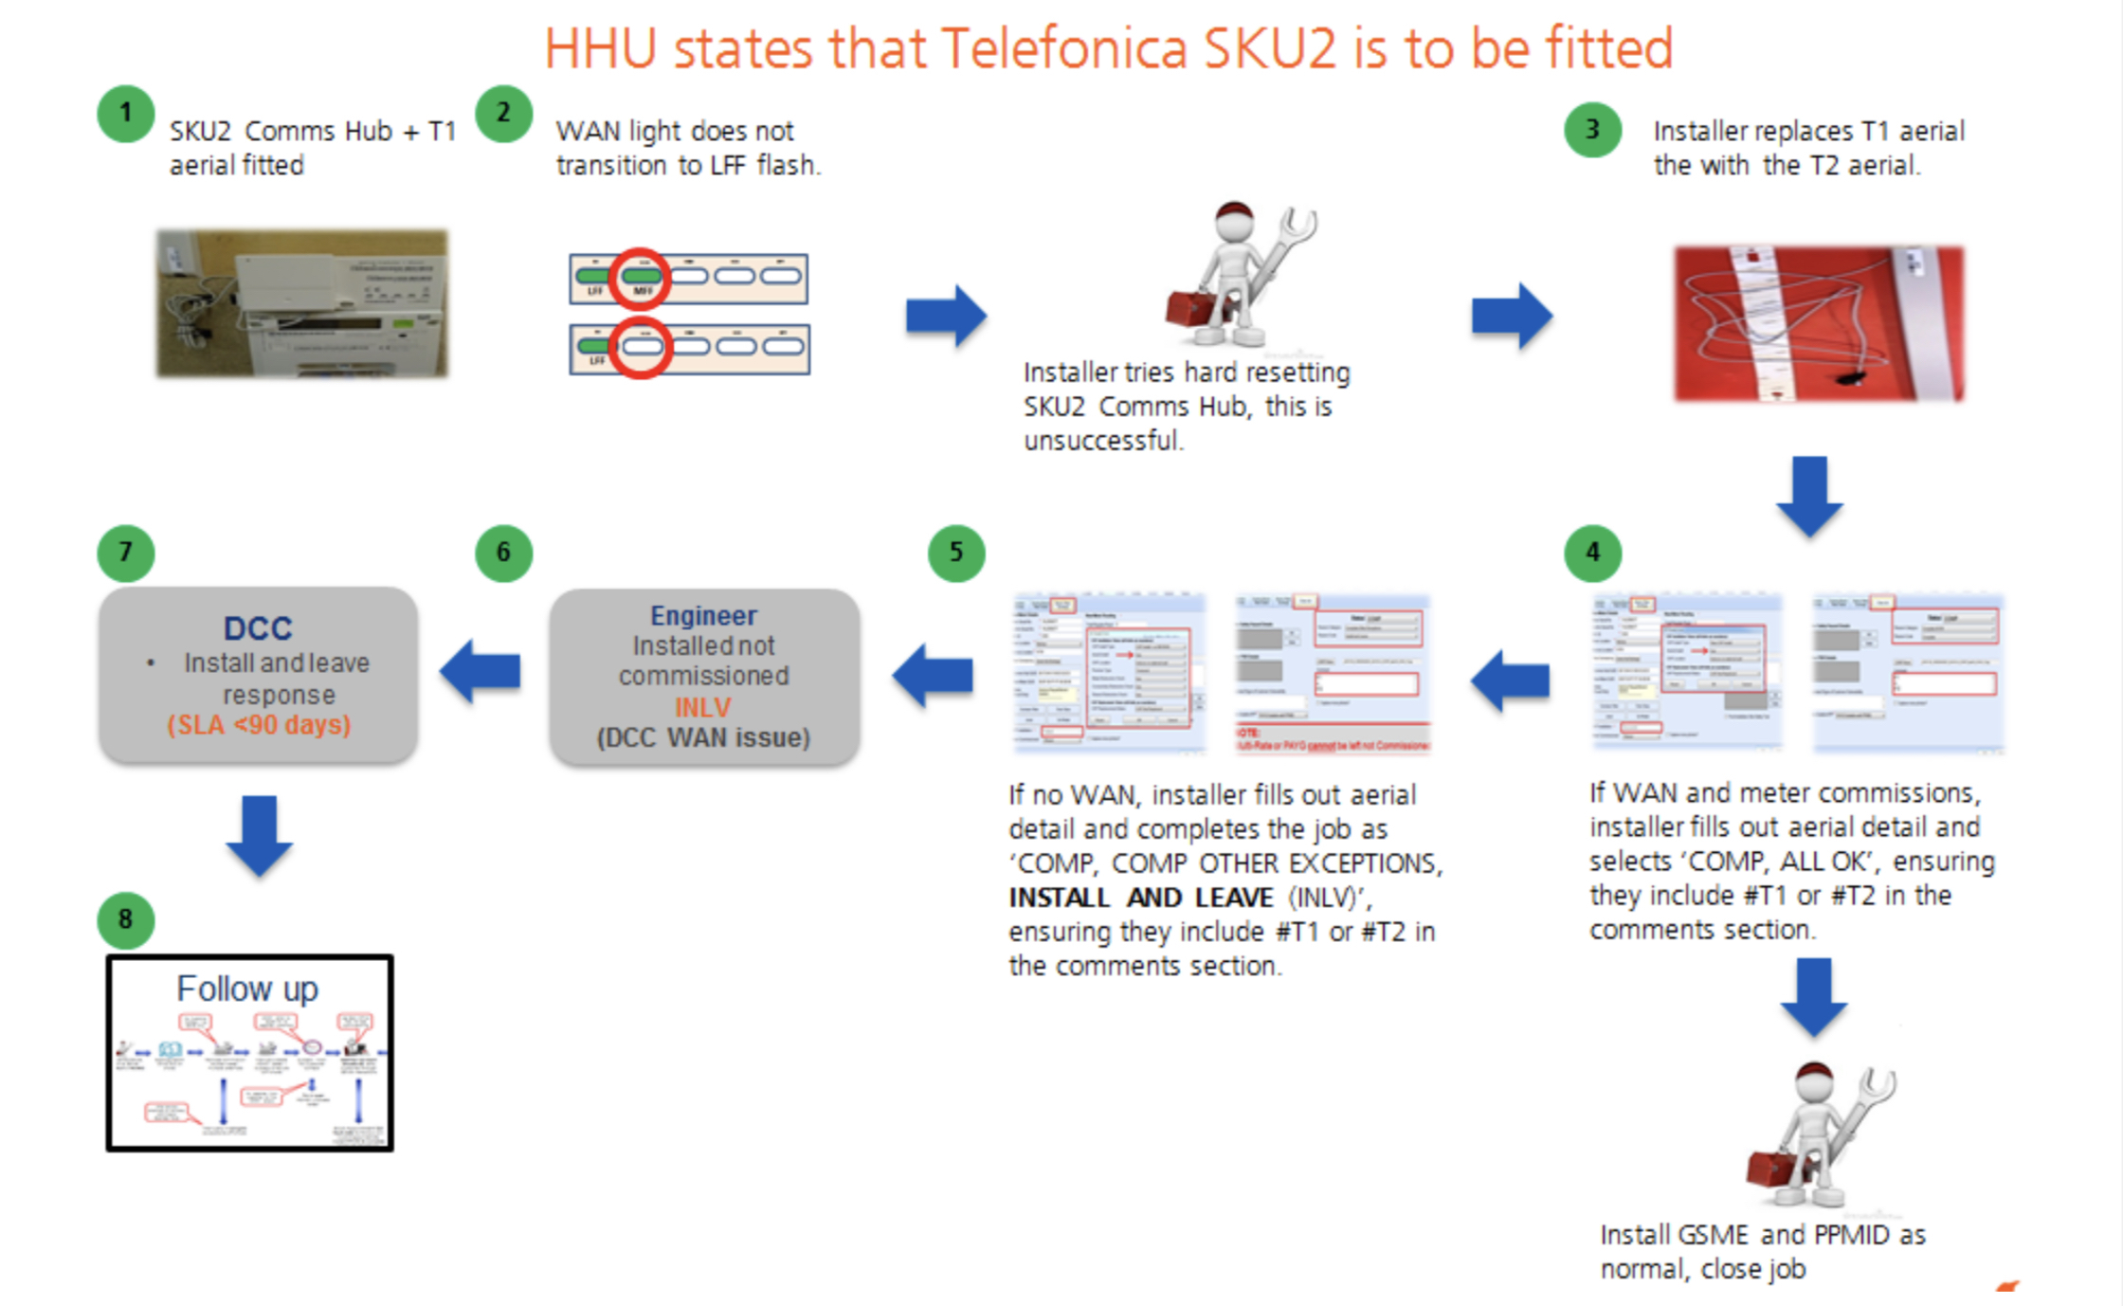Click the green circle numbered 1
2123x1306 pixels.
[x=125, y=114]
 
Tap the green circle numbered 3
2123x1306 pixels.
[x=1592, y=129]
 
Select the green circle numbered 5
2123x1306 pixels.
[x=955, y=553]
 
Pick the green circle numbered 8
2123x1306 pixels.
[x=125, y=919]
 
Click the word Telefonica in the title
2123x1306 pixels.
[x=1063, y=49]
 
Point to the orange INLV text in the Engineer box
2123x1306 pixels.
[x=702, y=707]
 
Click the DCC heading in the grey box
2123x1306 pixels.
[x=258, y=628]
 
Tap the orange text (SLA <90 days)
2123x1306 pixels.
[x=259, y=725]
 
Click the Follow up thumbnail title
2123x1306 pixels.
[x=247, y=989]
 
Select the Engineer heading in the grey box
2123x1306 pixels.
[x=703, y=616]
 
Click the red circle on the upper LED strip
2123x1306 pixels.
[x=640, y=278]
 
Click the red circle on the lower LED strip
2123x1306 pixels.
[x=641, y=348]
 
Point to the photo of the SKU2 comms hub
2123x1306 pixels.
[x=301, y=303]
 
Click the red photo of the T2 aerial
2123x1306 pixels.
[x=1818, y=322]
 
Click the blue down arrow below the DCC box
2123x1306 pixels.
[x=259, y=834]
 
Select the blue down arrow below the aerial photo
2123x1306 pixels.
[x=1809, y=495]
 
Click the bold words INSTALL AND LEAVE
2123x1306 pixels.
[x=1140, y=898]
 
